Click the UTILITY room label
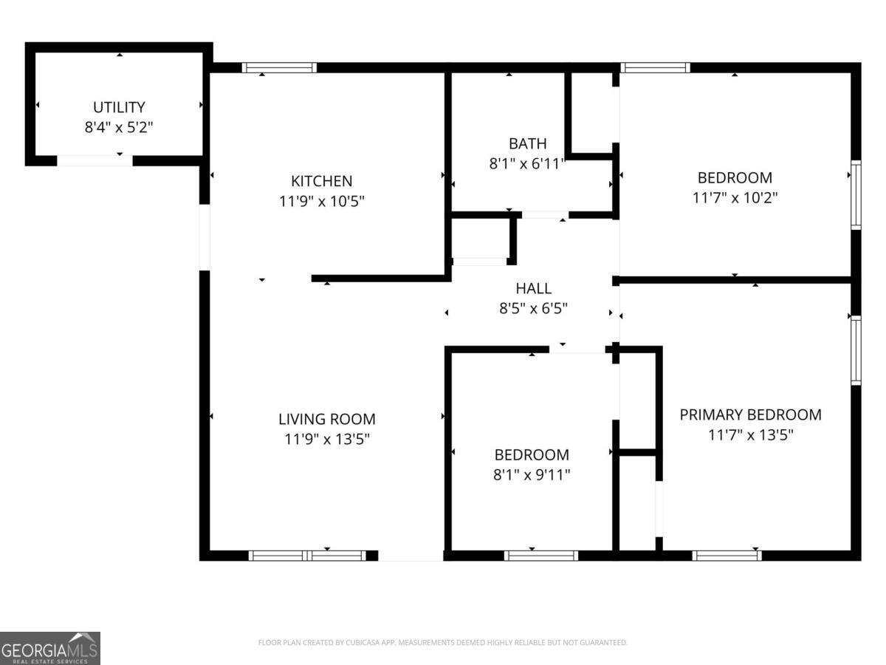(119, 107)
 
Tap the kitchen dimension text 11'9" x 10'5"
(321, 200)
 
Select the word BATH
(527, 143)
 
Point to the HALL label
(533, 289)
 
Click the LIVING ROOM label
(326, 419)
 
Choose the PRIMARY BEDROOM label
(750, 415)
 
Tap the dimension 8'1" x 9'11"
(532, 474)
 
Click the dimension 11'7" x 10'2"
(735, 197)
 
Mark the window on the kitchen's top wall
(280, 67)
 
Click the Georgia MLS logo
(49, 648)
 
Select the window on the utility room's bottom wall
(95, 160)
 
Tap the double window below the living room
(306, 556)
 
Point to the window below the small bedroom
(540, 556)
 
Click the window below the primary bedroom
(727, 556)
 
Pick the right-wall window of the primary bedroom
(856, 350)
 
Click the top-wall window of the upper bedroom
(656, 67)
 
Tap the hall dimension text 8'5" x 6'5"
(533, 309)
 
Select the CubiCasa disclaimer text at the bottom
(442, 642)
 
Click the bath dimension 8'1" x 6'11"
(527, 163)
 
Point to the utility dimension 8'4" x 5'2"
(119, 127)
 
